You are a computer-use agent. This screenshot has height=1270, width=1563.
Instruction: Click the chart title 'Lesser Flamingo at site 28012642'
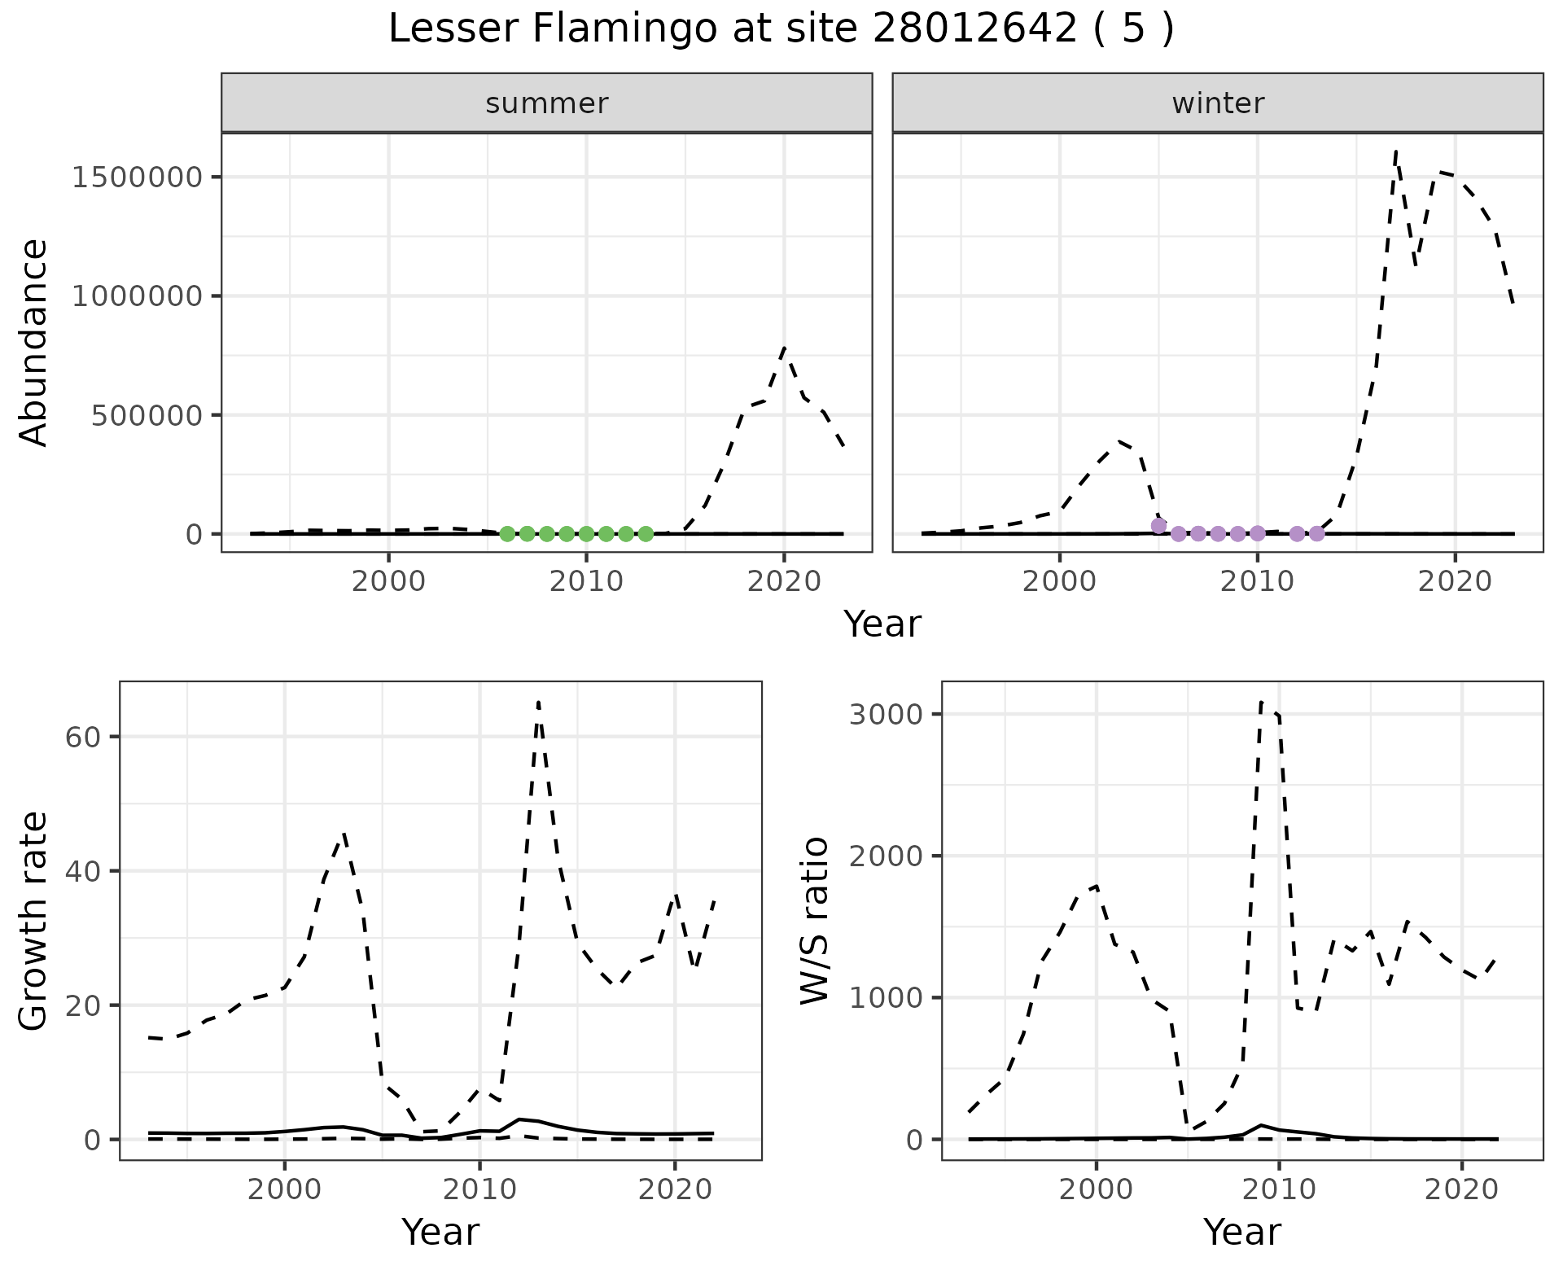781,29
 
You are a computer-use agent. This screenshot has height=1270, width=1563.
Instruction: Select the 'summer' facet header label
546,103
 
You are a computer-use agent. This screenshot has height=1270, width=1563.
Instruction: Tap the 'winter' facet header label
1218,103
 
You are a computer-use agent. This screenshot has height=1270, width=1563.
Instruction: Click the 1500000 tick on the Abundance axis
136,177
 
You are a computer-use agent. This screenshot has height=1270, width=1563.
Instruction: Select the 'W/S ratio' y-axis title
814,920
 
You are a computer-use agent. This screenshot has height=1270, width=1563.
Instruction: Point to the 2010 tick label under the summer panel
585,582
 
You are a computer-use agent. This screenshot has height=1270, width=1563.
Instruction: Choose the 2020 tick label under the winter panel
1455,582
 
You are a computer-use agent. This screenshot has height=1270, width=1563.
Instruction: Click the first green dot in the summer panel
507,534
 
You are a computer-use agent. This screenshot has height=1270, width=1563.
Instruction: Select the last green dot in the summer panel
646,534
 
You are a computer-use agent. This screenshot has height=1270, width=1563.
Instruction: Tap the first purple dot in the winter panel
1158,526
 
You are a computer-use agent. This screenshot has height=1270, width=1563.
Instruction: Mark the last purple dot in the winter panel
1317,534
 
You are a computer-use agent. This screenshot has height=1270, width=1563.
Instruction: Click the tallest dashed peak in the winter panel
1396,151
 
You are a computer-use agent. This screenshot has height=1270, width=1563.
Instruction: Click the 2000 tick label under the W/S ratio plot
1096,1189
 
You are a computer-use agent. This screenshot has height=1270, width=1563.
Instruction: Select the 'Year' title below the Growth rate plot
440,1232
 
